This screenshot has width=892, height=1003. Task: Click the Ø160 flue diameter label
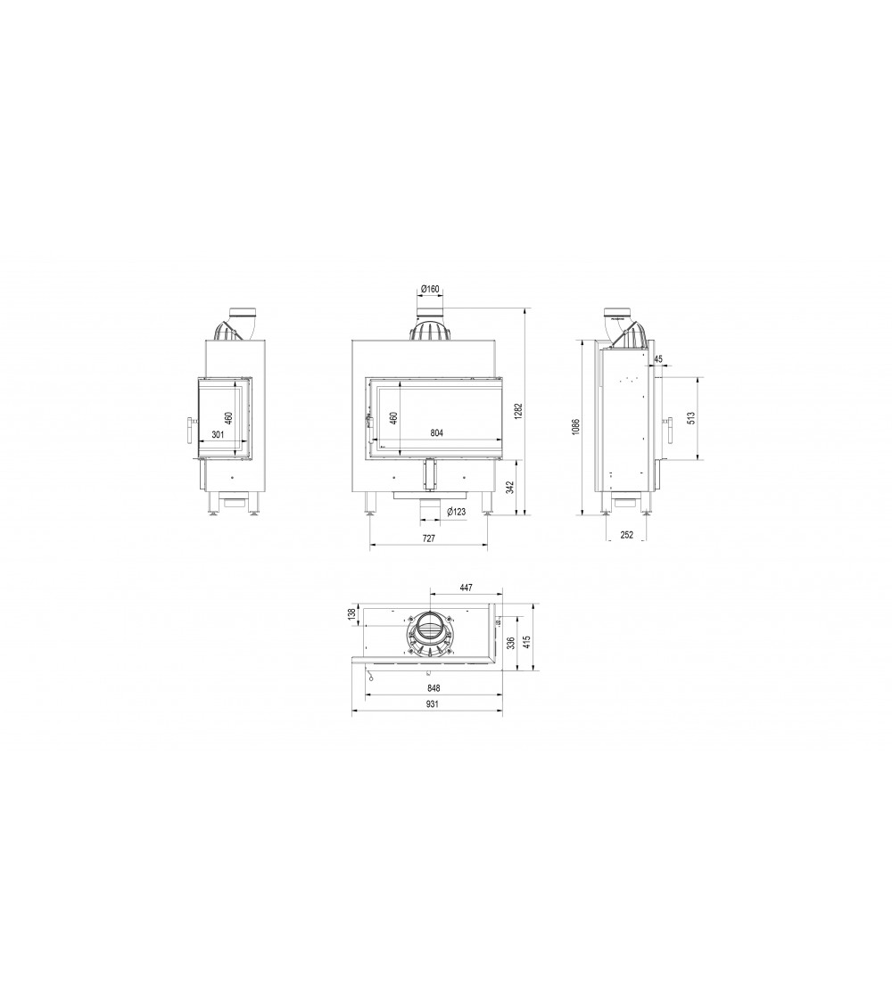[430, 289]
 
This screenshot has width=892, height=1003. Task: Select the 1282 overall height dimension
[519, 412]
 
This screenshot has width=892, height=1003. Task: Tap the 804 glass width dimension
[436, 433]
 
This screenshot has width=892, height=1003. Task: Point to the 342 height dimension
[510, 488]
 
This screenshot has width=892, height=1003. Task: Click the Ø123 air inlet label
[456, 512]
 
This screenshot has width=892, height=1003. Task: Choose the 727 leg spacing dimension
[429, 538]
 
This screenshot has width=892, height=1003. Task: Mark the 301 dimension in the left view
[218, 435]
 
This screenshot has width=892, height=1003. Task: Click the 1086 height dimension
[575, 427]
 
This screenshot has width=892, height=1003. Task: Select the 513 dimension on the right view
[690, 418]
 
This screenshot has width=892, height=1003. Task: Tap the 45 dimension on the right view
[659, 359]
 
